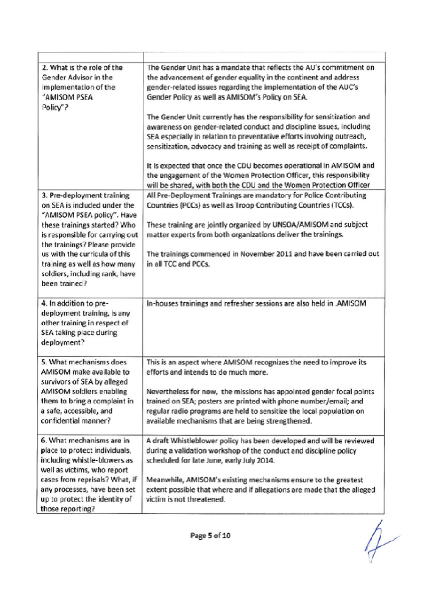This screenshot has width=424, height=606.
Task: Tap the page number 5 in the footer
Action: (x=209, y=536)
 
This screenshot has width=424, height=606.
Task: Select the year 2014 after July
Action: (x=266, y=460)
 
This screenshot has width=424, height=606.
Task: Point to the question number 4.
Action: (x=44, y=303)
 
